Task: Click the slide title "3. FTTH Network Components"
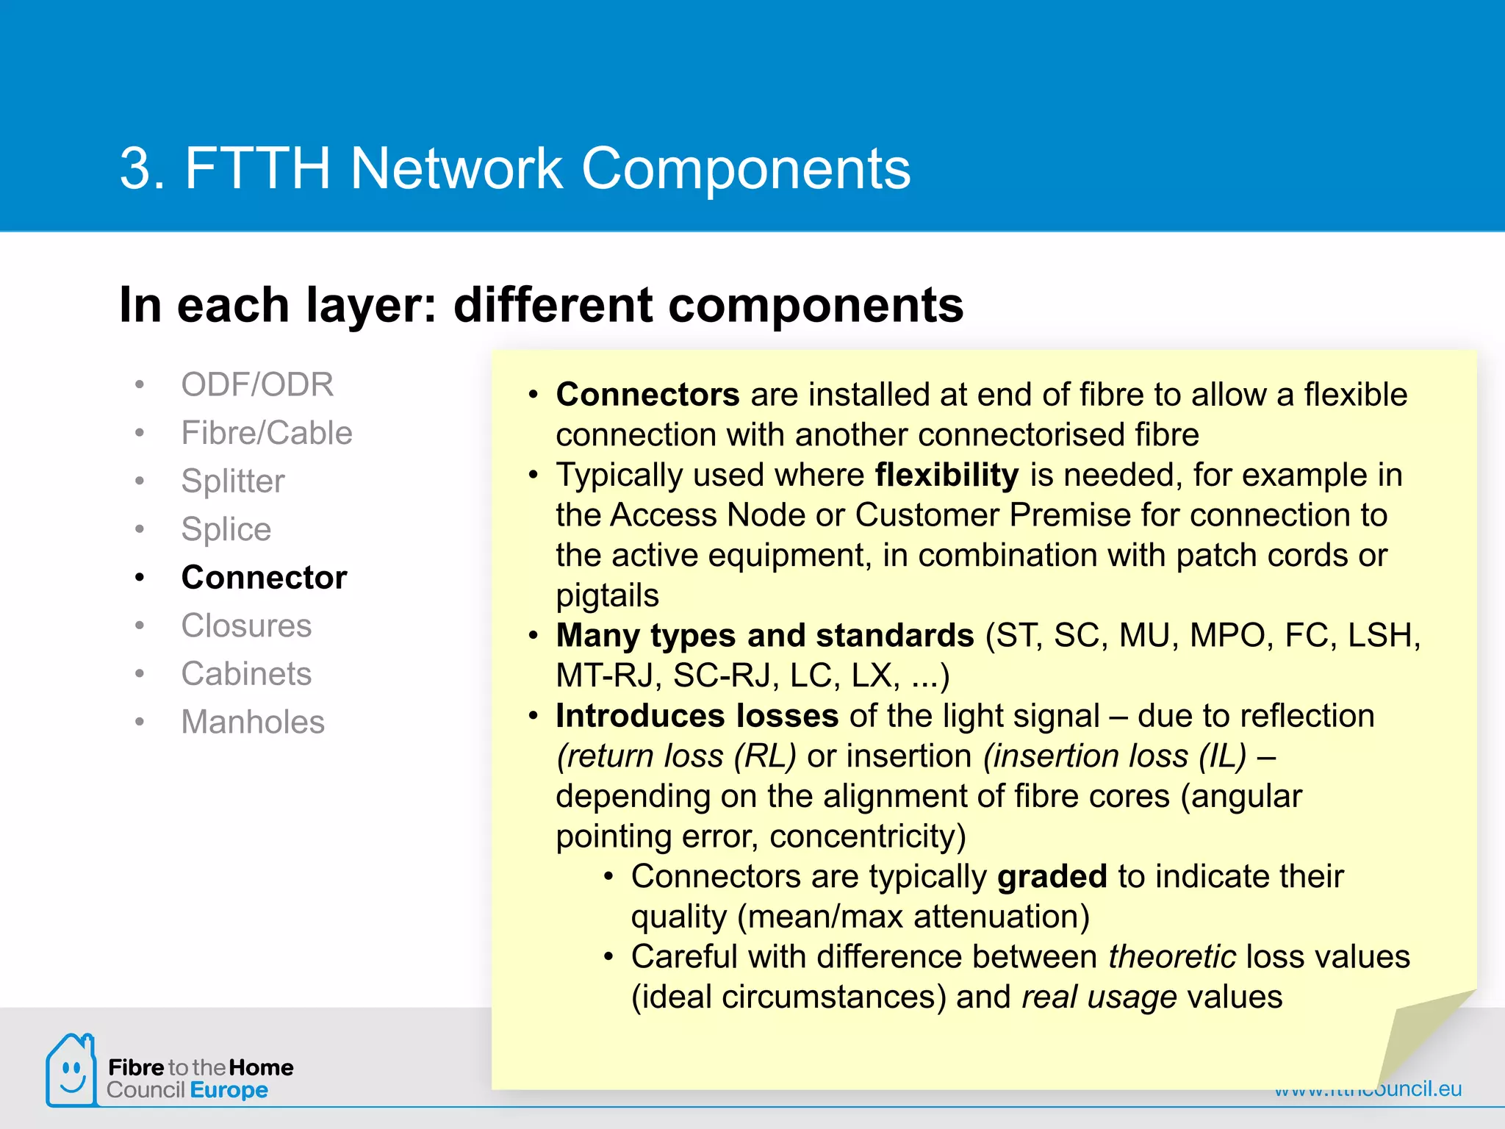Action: pos(514,168)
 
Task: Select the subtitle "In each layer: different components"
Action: pos(541,305)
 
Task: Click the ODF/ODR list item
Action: pos(257,384)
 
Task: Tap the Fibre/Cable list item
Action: pos(267,433)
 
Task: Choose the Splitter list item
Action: pos(232,481)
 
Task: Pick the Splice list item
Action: pos(226,529)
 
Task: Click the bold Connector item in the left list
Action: pos(264,578)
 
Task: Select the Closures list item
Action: pos(246,626)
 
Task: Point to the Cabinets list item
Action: pos(246,674)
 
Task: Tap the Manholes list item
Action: pos(253,722)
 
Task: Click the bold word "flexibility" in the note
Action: pos(947,475)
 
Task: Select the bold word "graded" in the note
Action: pos(1052,876)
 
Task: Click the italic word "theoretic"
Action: pos(1172,956)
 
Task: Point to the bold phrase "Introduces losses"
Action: pos(697,716)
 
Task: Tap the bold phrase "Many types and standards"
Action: pos(764,636)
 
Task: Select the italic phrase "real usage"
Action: pos(1099,997)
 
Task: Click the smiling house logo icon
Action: pos(71,1070)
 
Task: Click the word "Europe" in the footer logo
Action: pos(229,1090)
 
